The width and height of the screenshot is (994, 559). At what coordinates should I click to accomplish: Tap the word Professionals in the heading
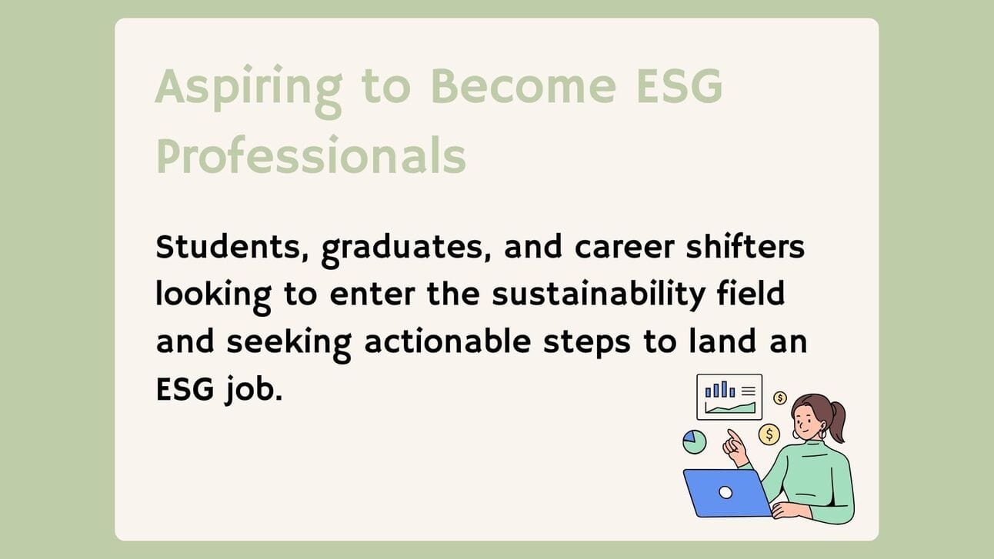click(311, 155)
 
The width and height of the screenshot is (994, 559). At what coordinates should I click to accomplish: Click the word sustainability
click(599, 296)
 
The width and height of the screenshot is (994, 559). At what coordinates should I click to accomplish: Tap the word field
click(751, 293)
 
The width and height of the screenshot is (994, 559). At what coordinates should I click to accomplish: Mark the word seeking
click(289, 344)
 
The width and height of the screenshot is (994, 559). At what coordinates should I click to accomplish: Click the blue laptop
click(728, 494)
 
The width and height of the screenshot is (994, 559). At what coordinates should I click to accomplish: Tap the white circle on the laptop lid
click(725, 492)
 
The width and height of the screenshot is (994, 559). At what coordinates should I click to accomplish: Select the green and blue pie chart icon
click(695, 442)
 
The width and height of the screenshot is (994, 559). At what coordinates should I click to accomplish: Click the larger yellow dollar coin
click(769, 434)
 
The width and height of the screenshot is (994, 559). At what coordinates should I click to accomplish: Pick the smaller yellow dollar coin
click(780, 398)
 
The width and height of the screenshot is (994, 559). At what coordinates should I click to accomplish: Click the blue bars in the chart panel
click(720, 390)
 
